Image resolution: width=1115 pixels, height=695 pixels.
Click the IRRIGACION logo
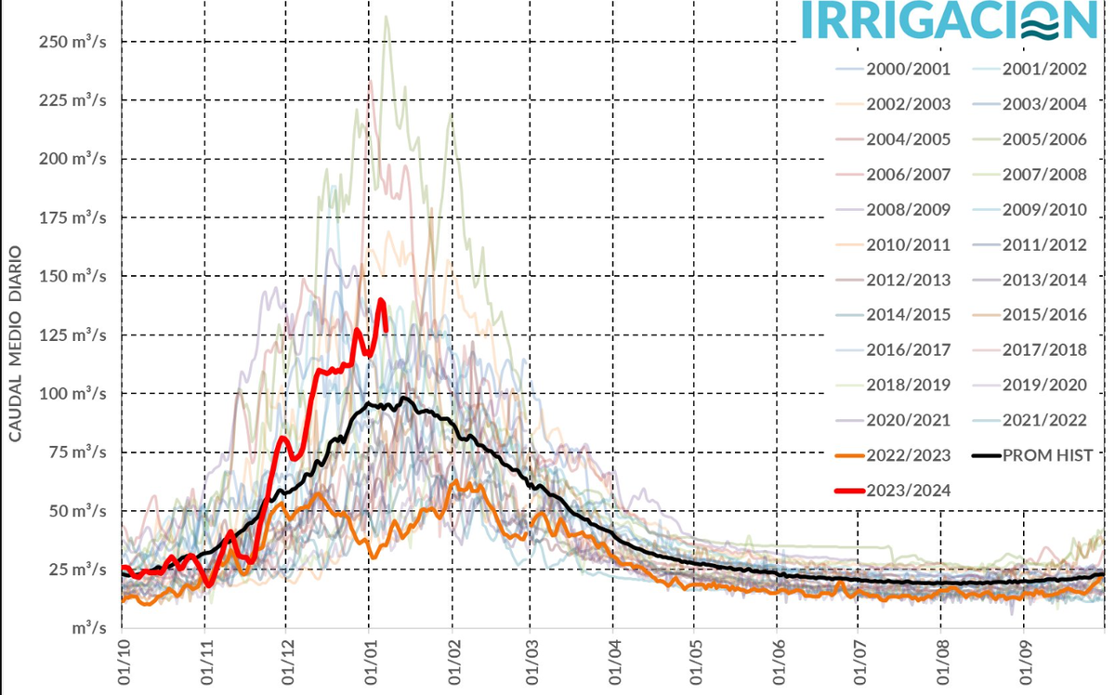(948, 20)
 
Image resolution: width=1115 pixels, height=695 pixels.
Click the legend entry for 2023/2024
(907, 490)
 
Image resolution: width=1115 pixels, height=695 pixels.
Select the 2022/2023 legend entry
(907, 455)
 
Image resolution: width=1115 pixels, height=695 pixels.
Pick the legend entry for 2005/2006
(1043, 139)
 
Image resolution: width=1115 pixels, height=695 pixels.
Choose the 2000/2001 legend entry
(907, 70)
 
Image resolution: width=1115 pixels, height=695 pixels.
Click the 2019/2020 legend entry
(1043, 385)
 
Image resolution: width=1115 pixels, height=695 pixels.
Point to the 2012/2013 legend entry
(907, 280)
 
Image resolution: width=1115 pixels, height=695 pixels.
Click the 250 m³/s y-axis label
(72, 42)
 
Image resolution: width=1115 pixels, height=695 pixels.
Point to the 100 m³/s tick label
(72, 393)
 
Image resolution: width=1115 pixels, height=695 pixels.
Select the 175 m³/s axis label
(72, 217)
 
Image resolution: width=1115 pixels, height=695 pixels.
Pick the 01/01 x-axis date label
(370, 665)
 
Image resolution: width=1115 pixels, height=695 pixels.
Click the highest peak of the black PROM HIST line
(405, 398)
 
